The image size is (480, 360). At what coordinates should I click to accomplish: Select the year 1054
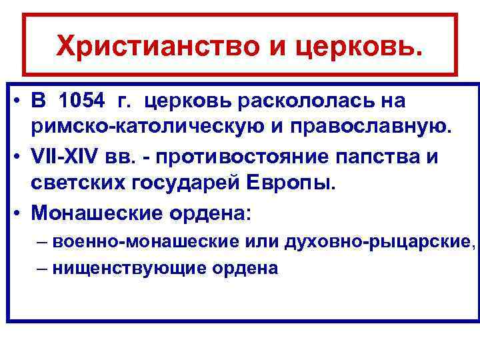click(81, 101)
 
